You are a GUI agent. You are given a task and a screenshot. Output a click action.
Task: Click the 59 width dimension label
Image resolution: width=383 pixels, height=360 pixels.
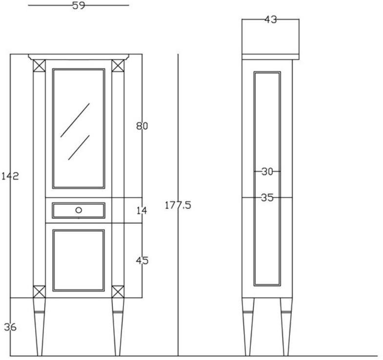point(79,6)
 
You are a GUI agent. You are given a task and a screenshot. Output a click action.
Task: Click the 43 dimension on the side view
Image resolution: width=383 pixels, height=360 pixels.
point(270,20)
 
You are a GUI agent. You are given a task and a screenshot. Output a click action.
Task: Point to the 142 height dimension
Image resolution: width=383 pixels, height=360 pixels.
point(10,176)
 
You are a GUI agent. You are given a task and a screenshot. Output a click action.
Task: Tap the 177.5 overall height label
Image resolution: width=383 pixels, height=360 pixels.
point(178,205)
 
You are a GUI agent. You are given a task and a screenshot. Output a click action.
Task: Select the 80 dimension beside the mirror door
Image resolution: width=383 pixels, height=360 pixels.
point(142,126)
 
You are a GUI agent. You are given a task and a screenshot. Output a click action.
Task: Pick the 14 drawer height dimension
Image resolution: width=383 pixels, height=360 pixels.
point(141,211)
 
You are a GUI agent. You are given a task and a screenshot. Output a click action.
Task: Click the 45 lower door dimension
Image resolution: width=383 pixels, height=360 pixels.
point(142,260)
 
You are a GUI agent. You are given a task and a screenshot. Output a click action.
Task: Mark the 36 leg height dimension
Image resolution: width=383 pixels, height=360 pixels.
point(10,327)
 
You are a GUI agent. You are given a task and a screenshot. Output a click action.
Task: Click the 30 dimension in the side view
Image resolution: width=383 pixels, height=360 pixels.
point(267,171)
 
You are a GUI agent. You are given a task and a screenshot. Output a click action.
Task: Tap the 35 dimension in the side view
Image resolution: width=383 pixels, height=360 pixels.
point(267,198)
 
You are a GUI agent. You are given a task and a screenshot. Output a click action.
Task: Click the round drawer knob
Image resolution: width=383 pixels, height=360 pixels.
point(79,210)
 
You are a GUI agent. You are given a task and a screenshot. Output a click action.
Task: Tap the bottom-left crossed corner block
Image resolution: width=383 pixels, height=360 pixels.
point(39,292)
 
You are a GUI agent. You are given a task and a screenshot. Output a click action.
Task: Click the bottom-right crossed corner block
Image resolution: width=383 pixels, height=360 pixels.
point(118,292)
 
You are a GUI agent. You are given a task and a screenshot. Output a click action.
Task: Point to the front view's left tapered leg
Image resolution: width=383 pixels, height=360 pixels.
point(39,327)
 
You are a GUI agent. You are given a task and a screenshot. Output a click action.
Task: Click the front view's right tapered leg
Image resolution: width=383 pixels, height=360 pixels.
point(118,327)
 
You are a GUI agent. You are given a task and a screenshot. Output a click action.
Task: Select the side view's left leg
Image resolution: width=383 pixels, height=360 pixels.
point(249,327)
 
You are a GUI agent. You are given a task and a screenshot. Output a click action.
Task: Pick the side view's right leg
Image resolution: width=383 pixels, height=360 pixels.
point(286,327)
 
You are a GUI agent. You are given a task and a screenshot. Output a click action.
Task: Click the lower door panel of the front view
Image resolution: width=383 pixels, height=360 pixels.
point(79,260)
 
